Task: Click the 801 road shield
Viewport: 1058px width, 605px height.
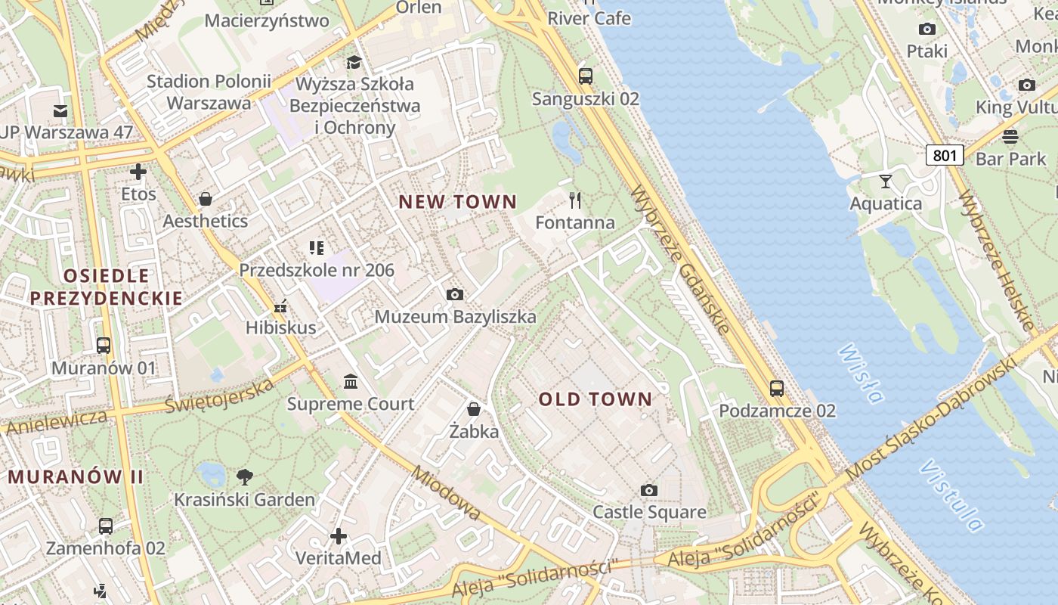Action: pos(945,156)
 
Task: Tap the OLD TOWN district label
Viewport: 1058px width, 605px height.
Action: pos(596,399)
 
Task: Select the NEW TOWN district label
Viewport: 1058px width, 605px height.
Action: pos(458,202)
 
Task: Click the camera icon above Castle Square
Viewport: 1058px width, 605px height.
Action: pos(648,490)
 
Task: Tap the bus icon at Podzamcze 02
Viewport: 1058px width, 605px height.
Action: pos(777,389)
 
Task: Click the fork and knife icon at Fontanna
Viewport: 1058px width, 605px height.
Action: pos(575,200)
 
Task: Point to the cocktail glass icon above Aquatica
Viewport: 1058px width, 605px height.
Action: pos(886,181)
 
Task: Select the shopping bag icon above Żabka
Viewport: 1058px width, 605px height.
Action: pos(474,409)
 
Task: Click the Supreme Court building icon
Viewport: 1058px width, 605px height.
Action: pos(351,381)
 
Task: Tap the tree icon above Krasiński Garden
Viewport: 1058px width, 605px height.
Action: pos(244,477)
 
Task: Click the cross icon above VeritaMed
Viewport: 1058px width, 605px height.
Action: pos(339,536)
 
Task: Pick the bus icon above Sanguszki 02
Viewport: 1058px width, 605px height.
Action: pos(586,76)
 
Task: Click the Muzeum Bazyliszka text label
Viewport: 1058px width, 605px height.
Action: pos(456,317)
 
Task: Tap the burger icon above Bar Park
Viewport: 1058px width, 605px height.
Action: pos(1010,137)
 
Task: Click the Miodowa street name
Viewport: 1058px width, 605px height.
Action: pos(447,492)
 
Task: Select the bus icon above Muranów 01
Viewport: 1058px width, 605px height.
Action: pos(104,346)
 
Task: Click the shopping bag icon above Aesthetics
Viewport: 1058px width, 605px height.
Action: pos(206,199)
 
